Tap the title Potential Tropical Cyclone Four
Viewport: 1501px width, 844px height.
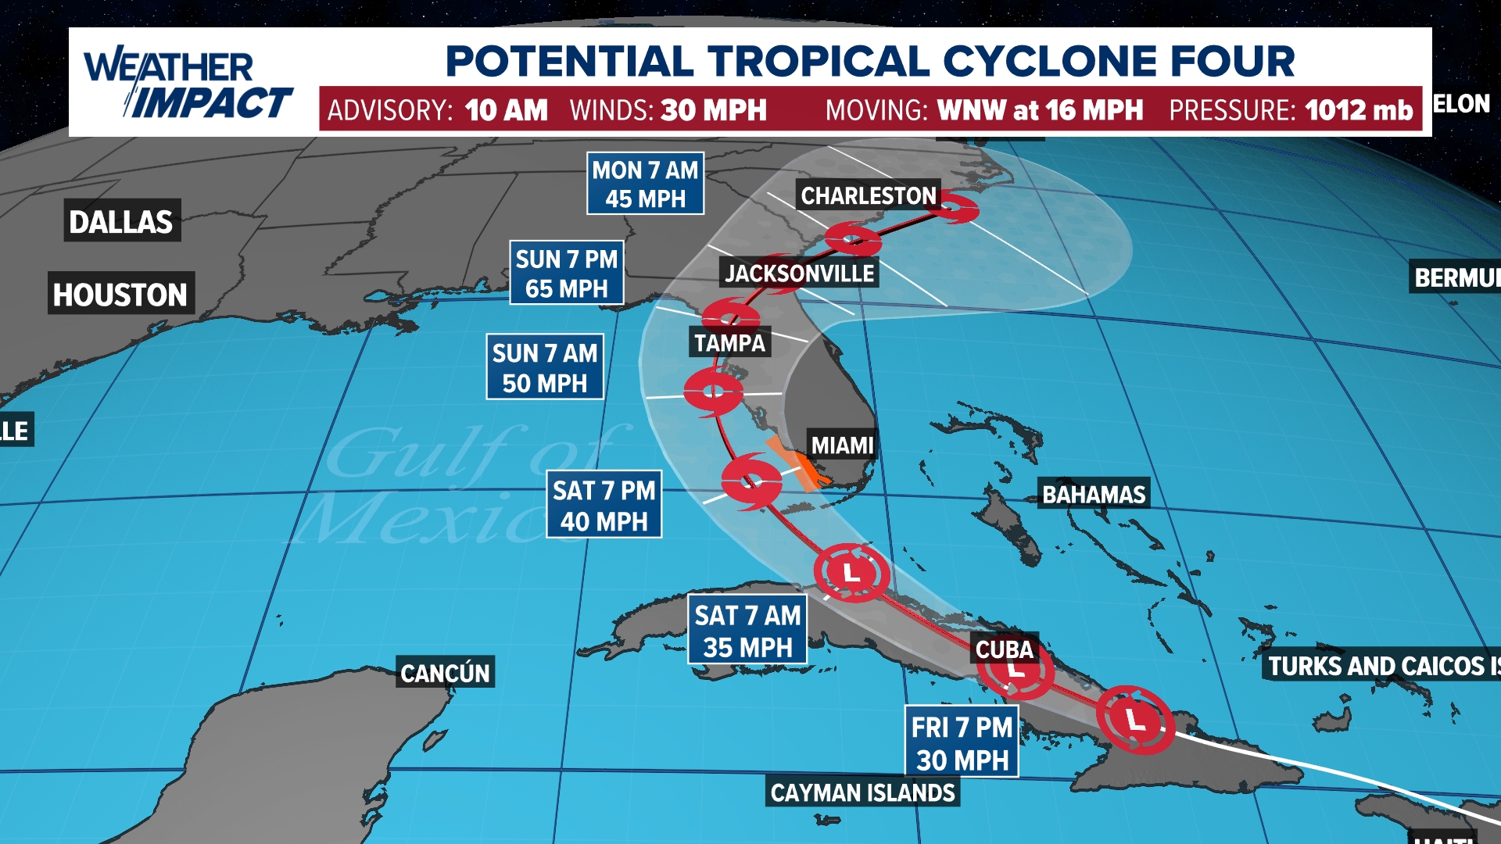[x=869, y=61]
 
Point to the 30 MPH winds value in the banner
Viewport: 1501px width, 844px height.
[x=713, y=110]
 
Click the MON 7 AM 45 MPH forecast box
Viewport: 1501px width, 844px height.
[x=645, y=184]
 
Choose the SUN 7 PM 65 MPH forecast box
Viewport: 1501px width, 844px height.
[x=566, y=273]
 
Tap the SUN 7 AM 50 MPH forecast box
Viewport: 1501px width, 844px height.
[x=544, y=367]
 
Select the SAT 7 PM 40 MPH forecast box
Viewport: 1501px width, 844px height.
[x=604, y=505]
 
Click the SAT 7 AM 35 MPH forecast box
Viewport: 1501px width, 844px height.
[x=747, y=631]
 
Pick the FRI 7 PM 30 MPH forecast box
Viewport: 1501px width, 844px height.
[x=962, y=742]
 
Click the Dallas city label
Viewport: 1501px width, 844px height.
[x=121, y=222]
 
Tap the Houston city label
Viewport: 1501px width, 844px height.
[x=120, y=295]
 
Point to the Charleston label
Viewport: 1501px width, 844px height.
[x=868, y=195]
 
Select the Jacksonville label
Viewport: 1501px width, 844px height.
[x=799, y=274]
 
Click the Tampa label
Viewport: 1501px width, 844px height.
[x=729, y=342]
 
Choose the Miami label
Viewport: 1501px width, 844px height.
[x=842, y=445]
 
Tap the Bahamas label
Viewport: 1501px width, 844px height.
[x=1093, y=494]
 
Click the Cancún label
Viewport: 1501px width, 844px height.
[x=445, y=673]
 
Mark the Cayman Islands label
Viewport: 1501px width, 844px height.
[x=862, y=792]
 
